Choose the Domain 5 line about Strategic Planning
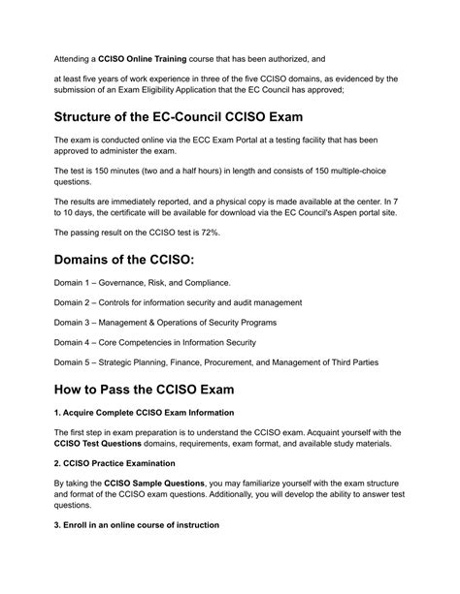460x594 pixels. point(216,361)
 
